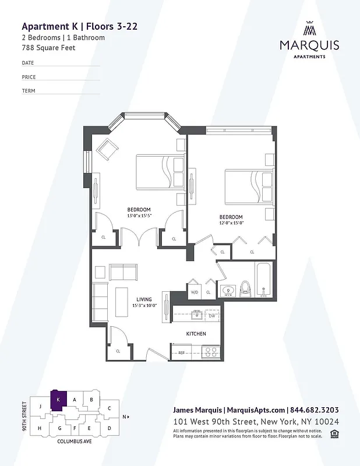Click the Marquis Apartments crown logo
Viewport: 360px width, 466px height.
309,29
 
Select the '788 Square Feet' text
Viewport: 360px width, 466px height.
48,47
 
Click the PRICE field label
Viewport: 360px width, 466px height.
29,77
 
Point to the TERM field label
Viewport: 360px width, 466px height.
29,91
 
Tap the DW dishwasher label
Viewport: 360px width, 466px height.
212,316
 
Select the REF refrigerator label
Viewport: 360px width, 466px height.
181,353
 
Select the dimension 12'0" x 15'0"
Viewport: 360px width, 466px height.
231,223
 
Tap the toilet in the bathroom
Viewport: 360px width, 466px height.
245,288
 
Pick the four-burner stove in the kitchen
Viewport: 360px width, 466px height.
210,352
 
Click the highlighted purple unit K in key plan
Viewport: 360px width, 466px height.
59,400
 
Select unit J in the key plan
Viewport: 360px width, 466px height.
40,406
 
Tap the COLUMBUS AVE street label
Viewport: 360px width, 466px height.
74,442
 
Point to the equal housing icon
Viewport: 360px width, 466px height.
334,432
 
